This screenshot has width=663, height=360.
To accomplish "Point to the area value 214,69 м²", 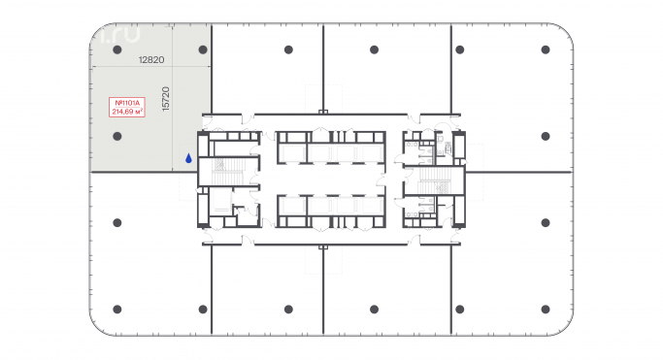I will pyautogui.click(x=128, y=113).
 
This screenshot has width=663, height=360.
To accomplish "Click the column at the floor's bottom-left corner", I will pyautogui.click(x=116, y=310).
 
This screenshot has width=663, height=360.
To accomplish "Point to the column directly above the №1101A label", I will pyautogui.click(x=116, y=49).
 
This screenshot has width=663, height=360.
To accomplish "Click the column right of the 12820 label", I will pyautogui.click(x=203, y=49).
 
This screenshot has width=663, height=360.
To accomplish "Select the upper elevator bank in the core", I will pyautogui.click(x=329, y=149).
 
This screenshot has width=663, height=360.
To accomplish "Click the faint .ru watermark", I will pyautogui.click(x=119, y=35).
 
